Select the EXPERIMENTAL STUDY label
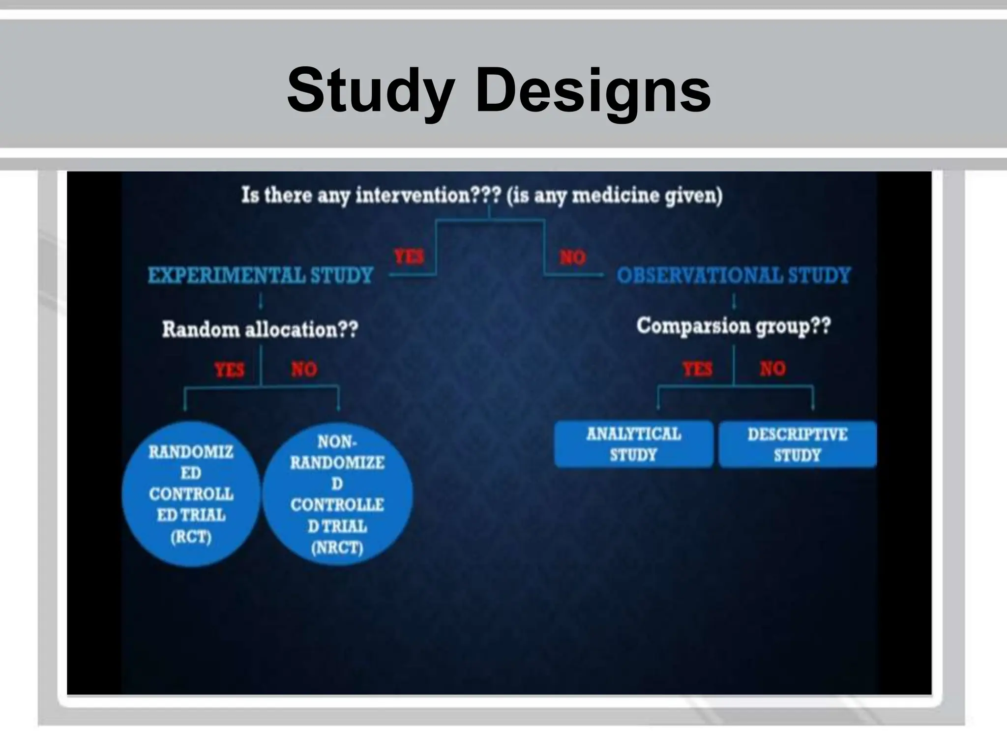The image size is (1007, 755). pos(261,275)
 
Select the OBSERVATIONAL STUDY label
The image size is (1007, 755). pos(734,275)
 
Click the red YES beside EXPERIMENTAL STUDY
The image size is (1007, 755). pos(409,257)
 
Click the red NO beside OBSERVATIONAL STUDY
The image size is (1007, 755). pos(573,257)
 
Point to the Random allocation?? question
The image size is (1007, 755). pos(260,329)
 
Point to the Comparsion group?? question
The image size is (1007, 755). pos(734,326)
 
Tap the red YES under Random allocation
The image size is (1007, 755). pos(229,369)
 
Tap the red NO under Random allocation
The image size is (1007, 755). pos(304,369)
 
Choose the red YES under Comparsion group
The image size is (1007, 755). pos(697,368)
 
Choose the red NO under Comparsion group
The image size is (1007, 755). pos(772,368)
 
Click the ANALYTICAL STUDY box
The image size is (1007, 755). pos(634,444)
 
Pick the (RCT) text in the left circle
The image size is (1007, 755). pos(191,537)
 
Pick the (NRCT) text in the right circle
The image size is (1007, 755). pos(337,548)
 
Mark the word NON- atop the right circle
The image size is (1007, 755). pos(337,442)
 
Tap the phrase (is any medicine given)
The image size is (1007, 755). pos(615,196)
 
